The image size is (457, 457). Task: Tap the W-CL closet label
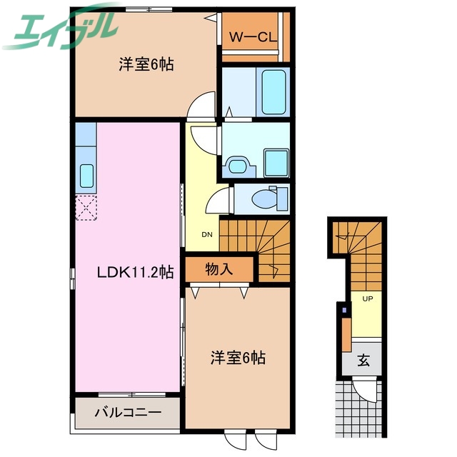click(254, 36)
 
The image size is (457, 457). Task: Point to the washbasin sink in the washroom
click(236, 165)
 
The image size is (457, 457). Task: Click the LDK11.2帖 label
click(136, 271)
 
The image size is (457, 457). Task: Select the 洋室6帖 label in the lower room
click(238, 357)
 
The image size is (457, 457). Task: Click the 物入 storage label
click(219, 269)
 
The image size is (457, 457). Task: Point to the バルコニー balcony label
click(127, 412)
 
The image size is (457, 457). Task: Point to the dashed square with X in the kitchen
click(86, 208)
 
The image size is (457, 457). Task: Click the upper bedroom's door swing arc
click(201, 105)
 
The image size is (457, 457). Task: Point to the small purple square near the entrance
click(343, 311)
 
